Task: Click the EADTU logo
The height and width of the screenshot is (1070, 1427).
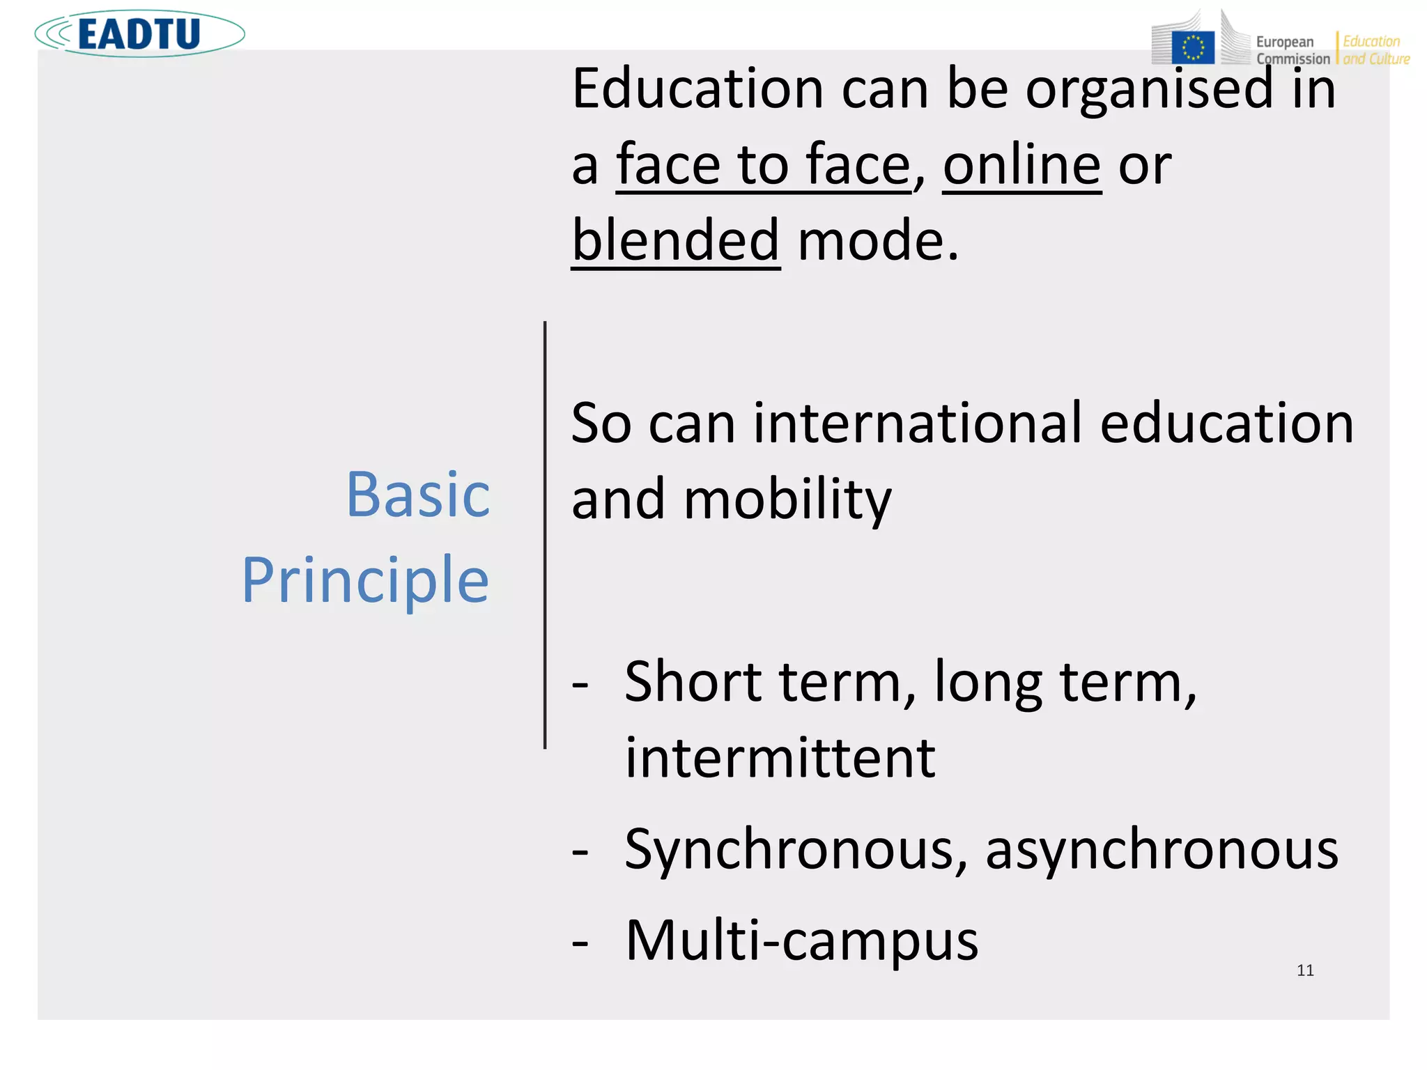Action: (139, 33)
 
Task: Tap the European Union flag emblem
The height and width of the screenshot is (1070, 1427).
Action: (1193, 47)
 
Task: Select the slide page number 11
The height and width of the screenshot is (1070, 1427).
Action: (1305, 970)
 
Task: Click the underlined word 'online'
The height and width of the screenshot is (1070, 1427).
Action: (1021, 165)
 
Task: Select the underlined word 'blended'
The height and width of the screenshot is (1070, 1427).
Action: (675, 240)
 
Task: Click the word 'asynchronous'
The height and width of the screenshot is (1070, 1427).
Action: (1162, 850)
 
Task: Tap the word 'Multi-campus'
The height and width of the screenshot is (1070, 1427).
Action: (802, 940)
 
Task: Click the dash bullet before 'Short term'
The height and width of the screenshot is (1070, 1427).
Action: (580, 684)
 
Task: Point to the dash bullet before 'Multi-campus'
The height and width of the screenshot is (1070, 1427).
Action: (580, 943)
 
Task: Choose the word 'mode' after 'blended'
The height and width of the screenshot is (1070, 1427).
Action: (871, 240)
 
